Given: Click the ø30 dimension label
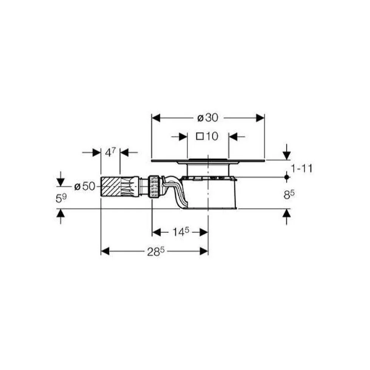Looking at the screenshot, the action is [x=208, y=118].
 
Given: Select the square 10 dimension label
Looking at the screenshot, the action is [x=207, y=136].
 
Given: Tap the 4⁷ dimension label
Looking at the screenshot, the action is [x=110, y=153].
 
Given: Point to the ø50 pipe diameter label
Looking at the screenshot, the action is [x=85, y=186].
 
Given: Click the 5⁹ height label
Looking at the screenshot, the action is [x=61, y=198].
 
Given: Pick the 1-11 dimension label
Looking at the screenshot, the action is [x=301, y=168].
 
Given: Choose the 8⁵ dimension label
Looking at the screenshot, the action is [x=289, y=195].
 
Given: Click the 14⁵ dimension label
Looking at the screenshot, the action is [x=181, y=232].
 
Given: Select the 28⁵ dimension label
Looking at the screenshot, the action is [x=155, y=252].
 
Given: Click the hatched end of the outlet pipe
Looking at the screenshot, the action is [x=111, y=186].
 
